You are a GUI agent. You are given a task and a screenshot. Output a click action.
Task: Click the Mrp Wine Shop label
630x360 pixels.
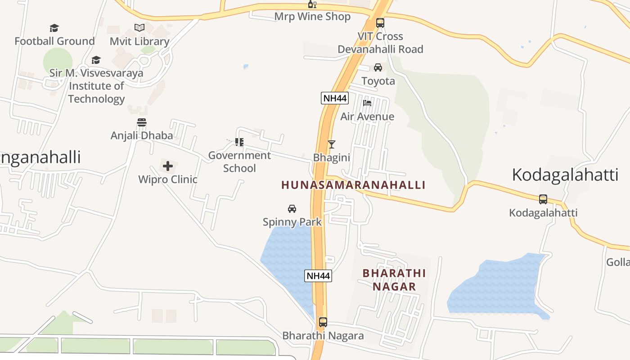pyautogui.click(x=312, y=17)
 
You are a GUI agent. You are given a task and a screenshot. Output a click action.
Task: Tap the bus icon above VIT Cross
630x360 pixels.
pyautogui.click(x=380, y=23)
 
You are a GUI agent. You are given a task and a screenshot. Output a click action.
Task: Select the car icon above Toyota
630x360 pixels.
pyautogui.click(x=378, y=67)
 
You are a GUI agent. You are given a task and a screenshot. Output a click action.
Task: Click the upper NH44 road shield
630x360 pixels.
pyautogui.click(x=335, y=98)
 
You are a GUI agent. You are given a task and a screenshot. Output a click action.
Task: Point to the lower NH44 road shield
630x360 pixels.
pyautogui.click(x=318, y=276)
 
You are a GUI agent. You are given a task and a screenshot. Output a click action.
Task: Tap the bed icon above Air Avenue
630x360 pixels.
pyautogui.click(x=367, y=103)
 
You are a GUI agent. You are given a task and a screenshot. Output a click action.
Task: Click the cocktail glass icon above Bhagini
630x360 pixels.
pyautogui.click(x=332, y=144)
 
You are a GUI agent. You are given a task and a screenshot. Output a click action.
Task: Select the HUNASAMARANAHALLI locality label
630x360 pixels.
pyautogui.click(x=353, y=185)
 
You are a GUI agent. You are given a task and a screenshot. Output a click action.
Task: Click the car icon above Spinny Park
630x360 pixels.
pyautogui.click(x=292, y=209)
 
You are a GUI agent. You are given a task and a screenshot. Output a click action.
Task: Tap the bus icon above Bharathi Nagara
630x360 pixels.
pyautogui.click(x=323, y=322)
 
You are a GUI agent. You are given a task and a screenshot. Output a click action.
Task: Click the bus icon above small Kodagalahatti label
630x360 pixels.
pyautogui.click(x=543, y=199)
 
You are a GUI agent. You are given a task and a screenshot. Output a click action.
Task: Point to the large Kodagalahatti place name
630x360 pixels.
pyautogui.click(x=565, y=175)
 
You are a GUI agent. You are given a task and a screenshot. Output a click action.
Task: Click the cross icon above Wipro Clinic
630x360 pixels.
pyautogui.click(x=168, y=166)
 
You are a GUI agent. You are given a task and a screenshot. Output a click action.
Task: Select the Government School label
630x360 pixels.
pyautogui.click(x=239, y=162)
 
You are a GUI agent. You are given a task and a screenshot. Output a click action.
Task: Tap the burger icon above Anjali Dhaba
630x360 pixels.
pyautogui.click(x=142, y=122)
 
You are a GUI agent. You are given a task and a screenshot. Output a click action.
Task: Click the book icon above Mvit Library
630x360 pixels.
pyautogui.click(x=139, y=28)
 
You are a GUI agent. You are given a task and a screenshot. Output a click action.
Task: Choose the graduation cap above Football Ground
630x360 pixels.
pyautogui.click(x=54, y=28)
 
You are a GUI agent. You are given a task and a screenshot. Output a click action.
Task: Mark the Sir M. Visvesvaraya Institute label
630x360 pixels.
pyautogui.click(x=96, y=85)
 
